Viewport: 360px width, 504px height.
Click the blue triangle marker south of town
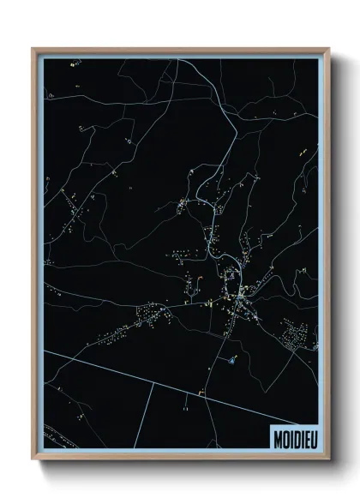pyautogui.click(x=232, y=360)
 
